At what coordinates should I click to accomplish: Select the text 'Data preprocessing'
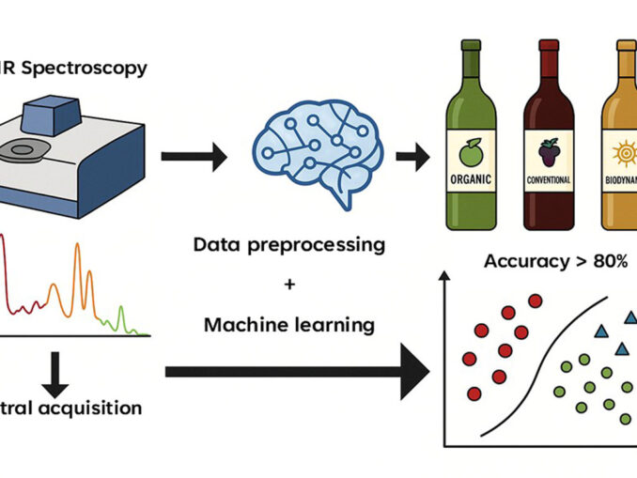pos(289,245)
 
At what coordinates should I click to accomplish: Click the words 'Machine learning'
pos(289,325)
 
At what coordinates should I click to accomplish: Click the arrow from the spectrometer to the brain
pos(194,158)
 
